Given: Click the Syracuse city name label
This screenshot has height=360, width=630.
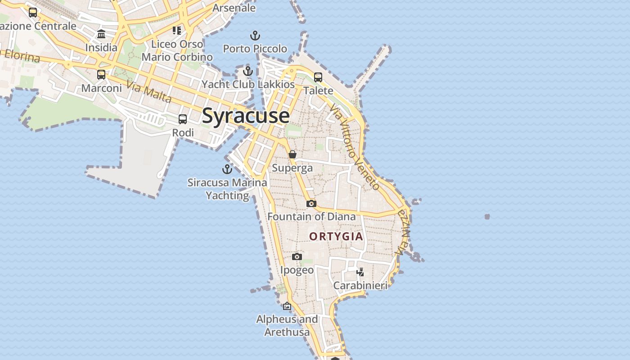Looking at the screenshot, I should pyautogui.click(x=246, y=116).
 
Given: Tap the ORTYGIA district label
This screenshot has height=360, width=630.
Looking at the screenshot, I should pyautogui.click(x=336, y=236).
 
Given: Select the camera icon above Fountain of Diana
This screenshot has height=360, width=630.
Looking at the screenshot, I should pyautogui.click(x=311, y=204).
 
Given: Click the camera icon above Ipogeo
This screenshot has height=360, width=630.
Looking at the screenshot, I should pyautogui.click(x=297, y=256).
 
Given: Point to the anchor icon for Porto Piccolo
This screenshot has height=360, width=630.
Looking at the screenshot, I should pyautogui.click(x=255, y=36).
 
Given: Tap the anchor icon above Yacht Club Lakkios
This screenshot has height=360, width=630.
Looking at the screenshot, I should pyautogui.click(x=248, y=71).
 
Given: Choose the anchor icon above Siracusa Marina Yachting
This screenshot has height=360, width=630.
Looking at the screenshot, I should pyautogui.click(x=227, y=169).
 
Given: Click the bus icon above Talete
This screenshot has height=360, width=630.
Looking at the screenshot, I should pyautogui.click(x=318, y=77).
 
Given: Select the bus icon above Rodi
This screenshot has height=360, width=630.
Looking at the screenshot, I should pyautogui.click(x=183, y=119).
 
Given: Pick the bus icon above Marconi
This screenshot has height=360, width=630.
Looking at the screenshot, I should pyautogui.click(x=101, y=75).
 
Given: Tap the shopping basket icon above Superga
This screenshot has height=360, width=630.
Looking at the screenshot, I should pyautogui.click(x=292, y=154).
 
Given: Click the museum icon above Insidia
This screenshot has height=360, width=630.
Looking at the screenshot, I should pyautogui.click(x=101, y=34).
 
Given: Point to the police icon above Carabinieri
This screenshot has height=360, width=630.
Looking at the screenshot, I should pyautogui.click(x=360, y=272).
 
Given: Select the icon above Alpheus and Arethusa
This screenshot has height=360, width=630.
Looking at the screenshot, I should pyautogui.click(x=287, y=306).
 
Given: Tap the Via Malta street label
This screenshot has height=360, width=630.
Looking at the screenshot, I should pyautogui.click(x=149, y=91).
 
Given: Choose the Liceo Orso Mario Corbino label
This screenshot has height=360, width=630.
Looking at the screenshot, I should pyautogui.click(x=177, y=50).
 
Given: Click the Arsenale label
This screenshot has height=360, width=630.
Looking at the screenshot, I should pyautogui.click(x=234, y=8).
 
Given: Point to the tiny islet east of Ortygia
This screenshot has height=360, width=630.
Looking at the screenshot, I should pyautogui.click(x=487, y=217).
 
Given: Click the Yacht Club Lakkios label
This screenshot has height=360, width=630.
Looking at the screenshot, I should pyautogui.click(x=248, y=84).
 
